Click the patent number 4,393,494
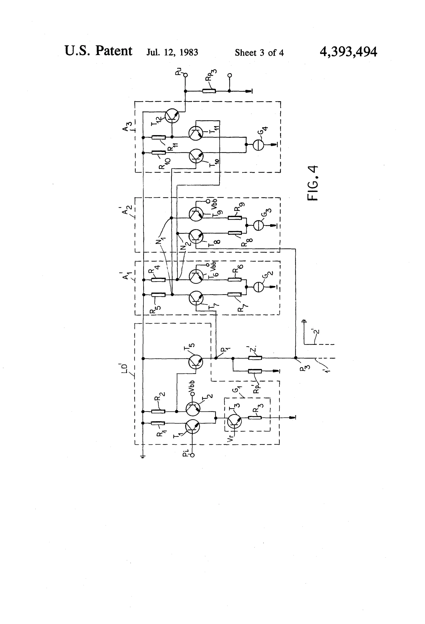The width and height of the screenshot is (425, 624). [x=348, y=52]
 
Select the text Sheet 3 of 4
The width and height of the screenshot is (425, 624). [x=259, y=53]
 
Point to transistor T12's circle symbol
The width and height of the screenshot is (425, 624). [x=172, y=115]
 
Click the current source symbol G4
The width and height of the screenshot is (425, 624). [x=259, y=145]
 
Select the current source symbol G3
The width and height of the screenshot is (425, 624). [x=259, y=225]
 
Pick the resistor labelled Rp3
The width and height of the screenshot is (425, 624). [x=209, y=91]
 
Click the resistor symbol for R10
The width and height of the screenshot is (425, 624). [x=159, y=153]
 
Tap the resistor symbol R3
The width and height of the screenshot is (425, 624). [x=255, y=418]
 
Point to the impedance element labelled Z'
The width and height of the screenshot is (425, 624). [x=255, y=358]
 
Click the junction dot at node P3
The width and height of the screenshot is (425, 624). [x=296, y=358]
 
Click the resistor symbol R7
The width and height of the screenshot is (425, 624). [x=234, y=295]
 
